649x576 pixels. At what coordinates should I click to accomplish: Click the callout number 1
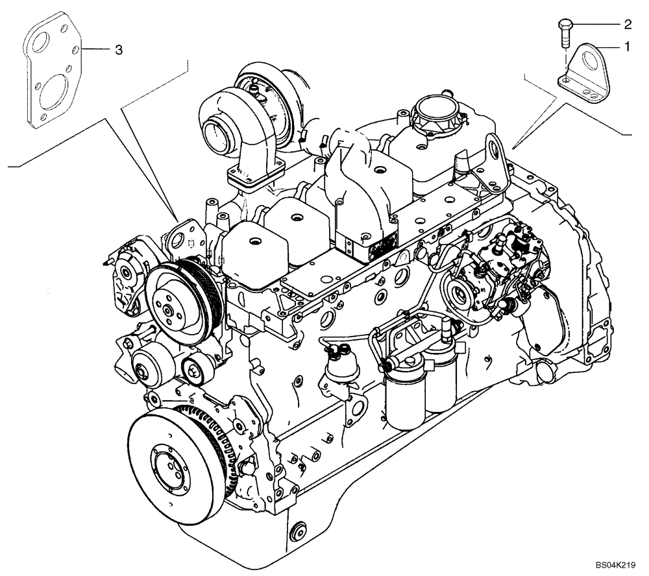click(x=627, y=46)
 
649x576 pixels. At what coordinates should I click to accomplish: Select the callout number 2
click(x=627, y=25)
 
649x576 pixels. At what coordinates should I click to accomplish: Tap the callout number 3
click(x=118, y=49)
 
